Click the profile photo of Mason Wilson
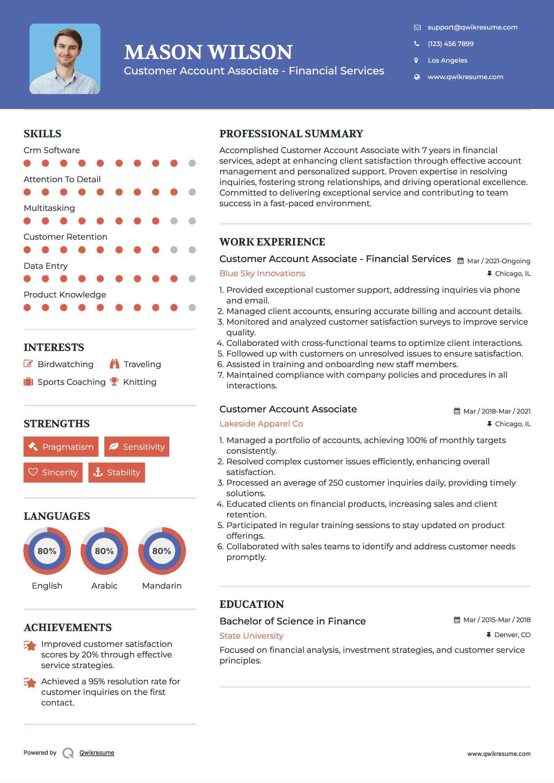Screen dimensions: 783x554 (x=65, y=59)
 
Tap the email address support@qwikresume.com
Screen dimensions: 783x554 (x=472, y=27)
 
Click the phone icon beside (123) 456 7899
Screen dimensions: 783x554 (x=417, y=44)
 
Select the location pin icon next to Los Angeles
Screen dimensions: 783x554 (x=416, y=60)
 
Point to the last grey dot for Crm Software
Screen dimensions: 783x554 (x=192, y=163)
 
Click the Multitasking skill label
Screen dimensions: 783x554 (x=49, y=208)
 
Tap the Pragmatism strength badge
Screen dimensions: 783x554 (x=61, y=447)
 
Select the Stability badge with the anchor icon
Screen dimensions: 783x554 (x=117, y=472)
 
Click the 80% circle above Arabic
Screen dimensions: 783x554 (x=104, y=551)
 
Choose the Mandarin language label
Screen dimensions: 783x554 (x=161, y=586)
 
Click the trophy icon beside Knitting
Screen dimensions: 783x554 (x=114, y=382)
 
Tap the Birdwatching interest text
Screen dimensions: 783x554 (x=65, y=364)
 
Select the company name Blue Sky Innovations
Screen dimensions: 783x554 (x=262, y=273)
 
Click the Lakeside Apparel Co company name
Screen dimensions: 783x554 (x=261, y=424)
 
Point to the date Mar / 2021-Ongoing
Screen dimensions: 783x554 (x=498, y=261)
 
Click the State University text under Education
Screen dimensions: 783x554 (x=251, y=636)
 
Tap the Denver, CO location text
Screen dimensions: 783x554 (x=512, y=635)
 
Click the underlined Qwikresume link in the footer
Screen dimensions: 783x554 (x=97, y=753)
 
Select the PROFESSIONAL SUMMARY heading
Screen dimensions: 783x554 (x=291, y=134)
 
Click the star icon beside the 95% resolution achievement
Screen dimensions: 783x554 (x=30, y=683)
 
